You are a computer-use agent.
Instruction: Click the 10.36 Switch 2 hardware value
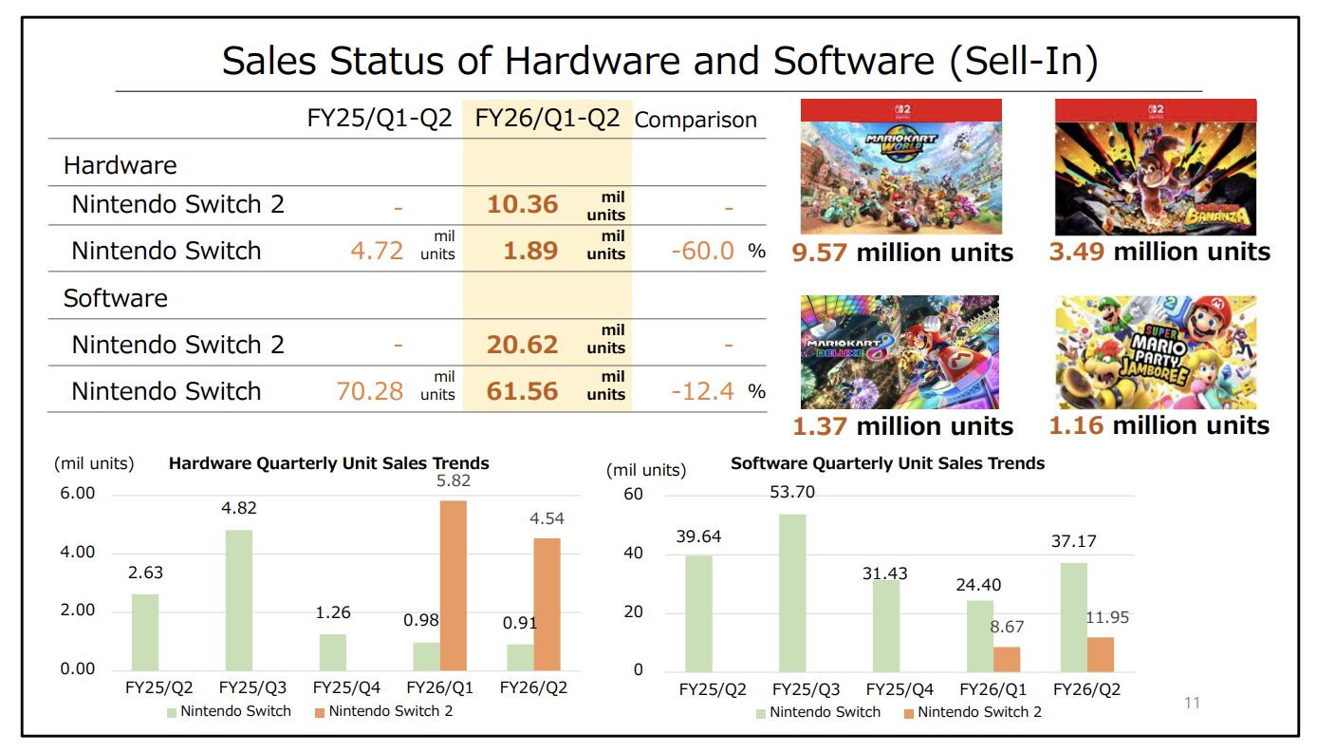click(523, 204)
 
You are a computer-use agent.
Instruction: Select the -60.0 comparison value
click(701, 251)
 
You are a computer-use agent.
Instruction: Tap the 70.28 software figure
click(370, 391)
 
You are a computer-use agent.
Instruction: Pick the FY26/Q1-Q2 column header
click(547, 119)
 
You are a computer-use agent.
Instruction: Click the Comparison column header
click(696, 120)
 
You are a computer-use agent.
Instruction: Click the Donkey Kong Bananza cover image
click(1155, 167)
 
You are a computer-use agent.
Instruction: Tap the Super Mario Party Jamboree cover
click(1155, 351)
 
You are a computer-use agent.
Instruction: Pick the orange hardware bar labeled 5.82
click(454, 584)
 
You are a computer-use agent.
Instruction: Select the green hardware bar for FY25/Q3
click(239, 599)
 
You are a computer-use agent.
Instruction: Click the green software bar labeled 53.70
click(792, 592)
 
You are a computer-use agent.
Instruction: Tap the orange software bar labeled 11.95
click(1101, 653)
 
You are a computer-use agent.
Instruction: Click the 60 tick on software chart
click(633, 495)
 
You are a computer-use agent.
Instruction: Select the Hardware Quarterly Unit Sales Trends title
click(328, 464)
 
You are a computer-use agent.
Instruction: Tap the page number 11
click(1192, 704)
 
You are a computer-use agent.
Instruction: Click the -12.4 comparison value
click(701, 391)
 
